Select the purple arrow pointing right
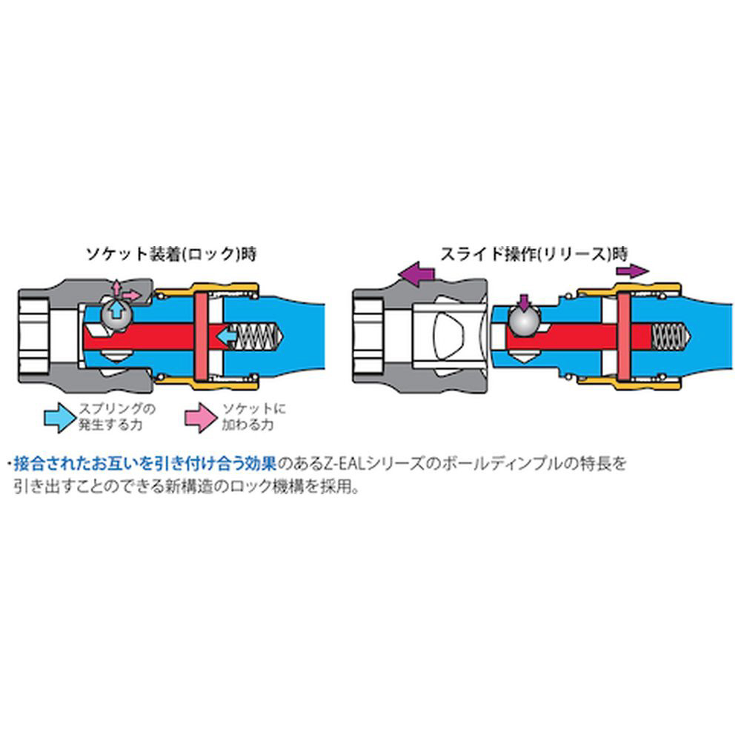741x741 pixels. (632, 271)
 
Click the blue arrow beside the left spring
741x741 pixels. (229, 337)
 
